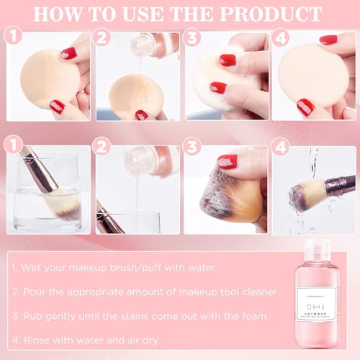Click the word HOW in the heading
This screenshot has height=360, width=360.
click(71, 14)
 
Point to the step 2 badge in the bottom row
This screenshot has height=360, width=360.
click(103, 146)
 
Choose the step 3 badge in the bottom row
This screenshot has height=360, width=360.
click(192, 146)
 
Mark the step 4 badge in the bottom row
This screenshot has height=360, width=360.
click(280, 146)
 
